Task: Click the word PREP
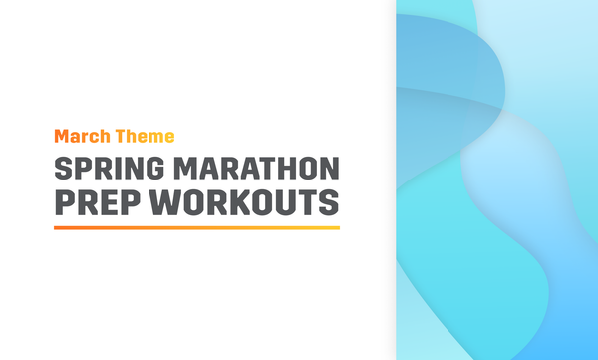tap(93, 202)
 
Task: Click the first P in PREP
tap(63, 202)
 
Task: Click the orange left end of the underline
tap(57, 227)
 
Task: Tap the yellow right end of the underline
tap(337, 227)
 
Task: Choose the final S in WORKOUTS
tap(329, 202)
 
